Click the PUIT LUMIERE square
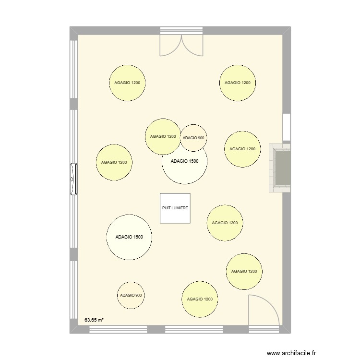point(175,208)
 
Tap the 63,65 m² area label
point(95,319)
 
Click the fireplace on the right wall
point(280,168)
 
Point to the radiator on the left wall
point(73,180)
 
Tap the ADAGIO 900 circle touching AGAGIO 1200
point(193,138)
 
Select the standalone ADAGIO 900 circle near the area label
point(131,295)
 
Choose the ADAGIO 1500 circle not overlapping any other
point(129,237)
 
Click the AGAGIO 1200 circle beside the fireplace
point(242,149)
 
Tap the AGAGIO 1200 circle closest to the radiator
point(114,163)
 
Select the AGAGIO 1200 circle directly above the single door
point(244,271)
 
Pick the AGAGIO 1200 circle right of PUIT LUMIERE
point(225,223)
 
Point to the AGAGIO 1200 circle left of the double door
point(127,83)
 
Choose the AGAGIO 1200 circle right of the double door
point(238,83)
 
